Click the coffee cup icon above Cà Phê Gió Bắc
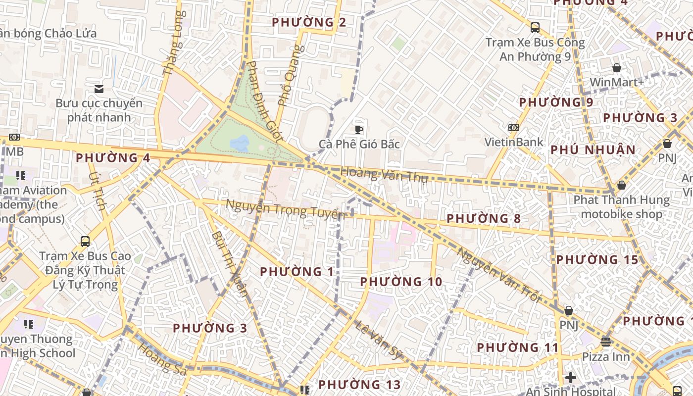pyautogui.click(x=359, y=130)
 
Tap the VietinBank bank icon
pyautogui.click(x=514, y=128)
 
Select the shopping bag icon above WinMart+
pyautogui.click(x=617, y=68)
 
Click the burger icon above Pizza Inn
pyautogui.click(x=605, y=342)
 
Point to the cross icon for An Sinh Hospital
pyautogui.click(x=571, y=378)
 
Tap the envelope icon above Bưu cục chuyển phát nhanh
pyautogui.click(x=99, y=89)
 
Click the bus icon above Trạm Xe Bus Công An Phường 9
pyautogui.click(x=535, y=28)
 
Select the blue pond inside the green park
pyautogui.click(x=240, y=144)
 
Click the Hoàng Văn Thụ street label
pyautogui.click(x=384, y=175)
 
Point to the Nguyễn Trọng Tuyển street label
pyautogui.click(x=285, y=209)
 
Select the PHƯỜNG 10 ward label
pyautogui.click(x=401, y=282)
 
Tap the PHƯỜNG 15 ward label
pyautogui.click(x=597, y=260)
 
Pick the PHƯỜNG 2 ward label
pyautogui.click(x=309, y=22)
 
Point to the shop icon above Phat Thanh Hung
pyautogui.click(x=621, y=185)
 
